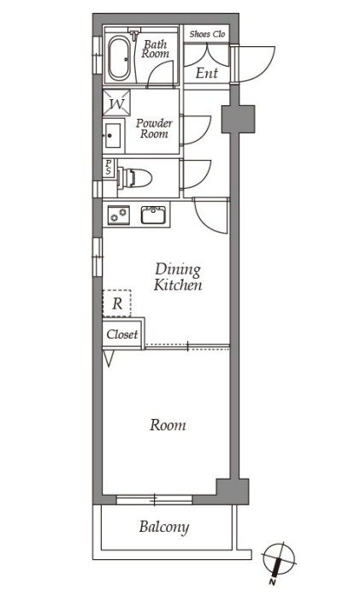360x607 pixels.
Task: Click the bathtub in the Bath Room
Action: click(x=119, y=58)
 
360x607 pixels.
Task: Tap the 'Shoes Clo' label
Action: click(x=207, y=34)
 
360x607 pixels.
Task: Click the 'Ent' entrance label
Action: click(x=207, y=73)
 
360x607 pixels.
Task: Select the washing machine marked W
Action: click(x=116, y=103)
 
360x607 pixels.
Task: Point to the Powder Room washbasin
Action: click(x=113, y=136)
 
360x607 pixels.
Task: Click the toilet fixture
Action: click(x=134, y=178)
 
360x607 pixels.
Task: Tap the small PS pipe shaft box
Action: click(x=109, y=168)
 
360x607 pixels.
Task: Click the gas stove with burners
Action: click(x=119, y=215)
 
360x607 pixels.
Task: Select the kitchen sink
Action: click(x=153, y=215)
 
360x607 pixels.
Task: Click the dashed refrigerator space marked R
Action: click(x=117, y=303)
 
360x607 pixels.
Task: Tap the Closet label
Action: click(x=122, y=334)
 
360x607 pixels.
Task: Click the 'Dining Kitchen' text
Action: click(x=178, y=277)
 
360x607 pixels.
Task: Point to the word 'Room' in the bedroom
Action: click(x=168, y=425)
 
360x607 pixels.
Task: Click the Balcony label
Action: click(x=164, y=527)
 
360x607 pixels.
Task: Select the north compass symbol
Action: click(x=279, y=559)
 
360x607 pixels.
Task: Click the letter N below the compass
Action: click(x=273, y=581)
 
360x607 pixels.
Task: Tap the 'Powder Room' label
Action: click(x=154, y=129)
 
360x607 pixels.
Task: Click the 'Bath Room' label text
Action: click(x=156, y=50)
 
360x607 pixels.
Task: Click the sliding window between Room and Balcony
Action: click(x=155, y=500)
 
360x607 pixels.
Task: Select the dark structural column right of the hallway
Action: click(x=238, y=119)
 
